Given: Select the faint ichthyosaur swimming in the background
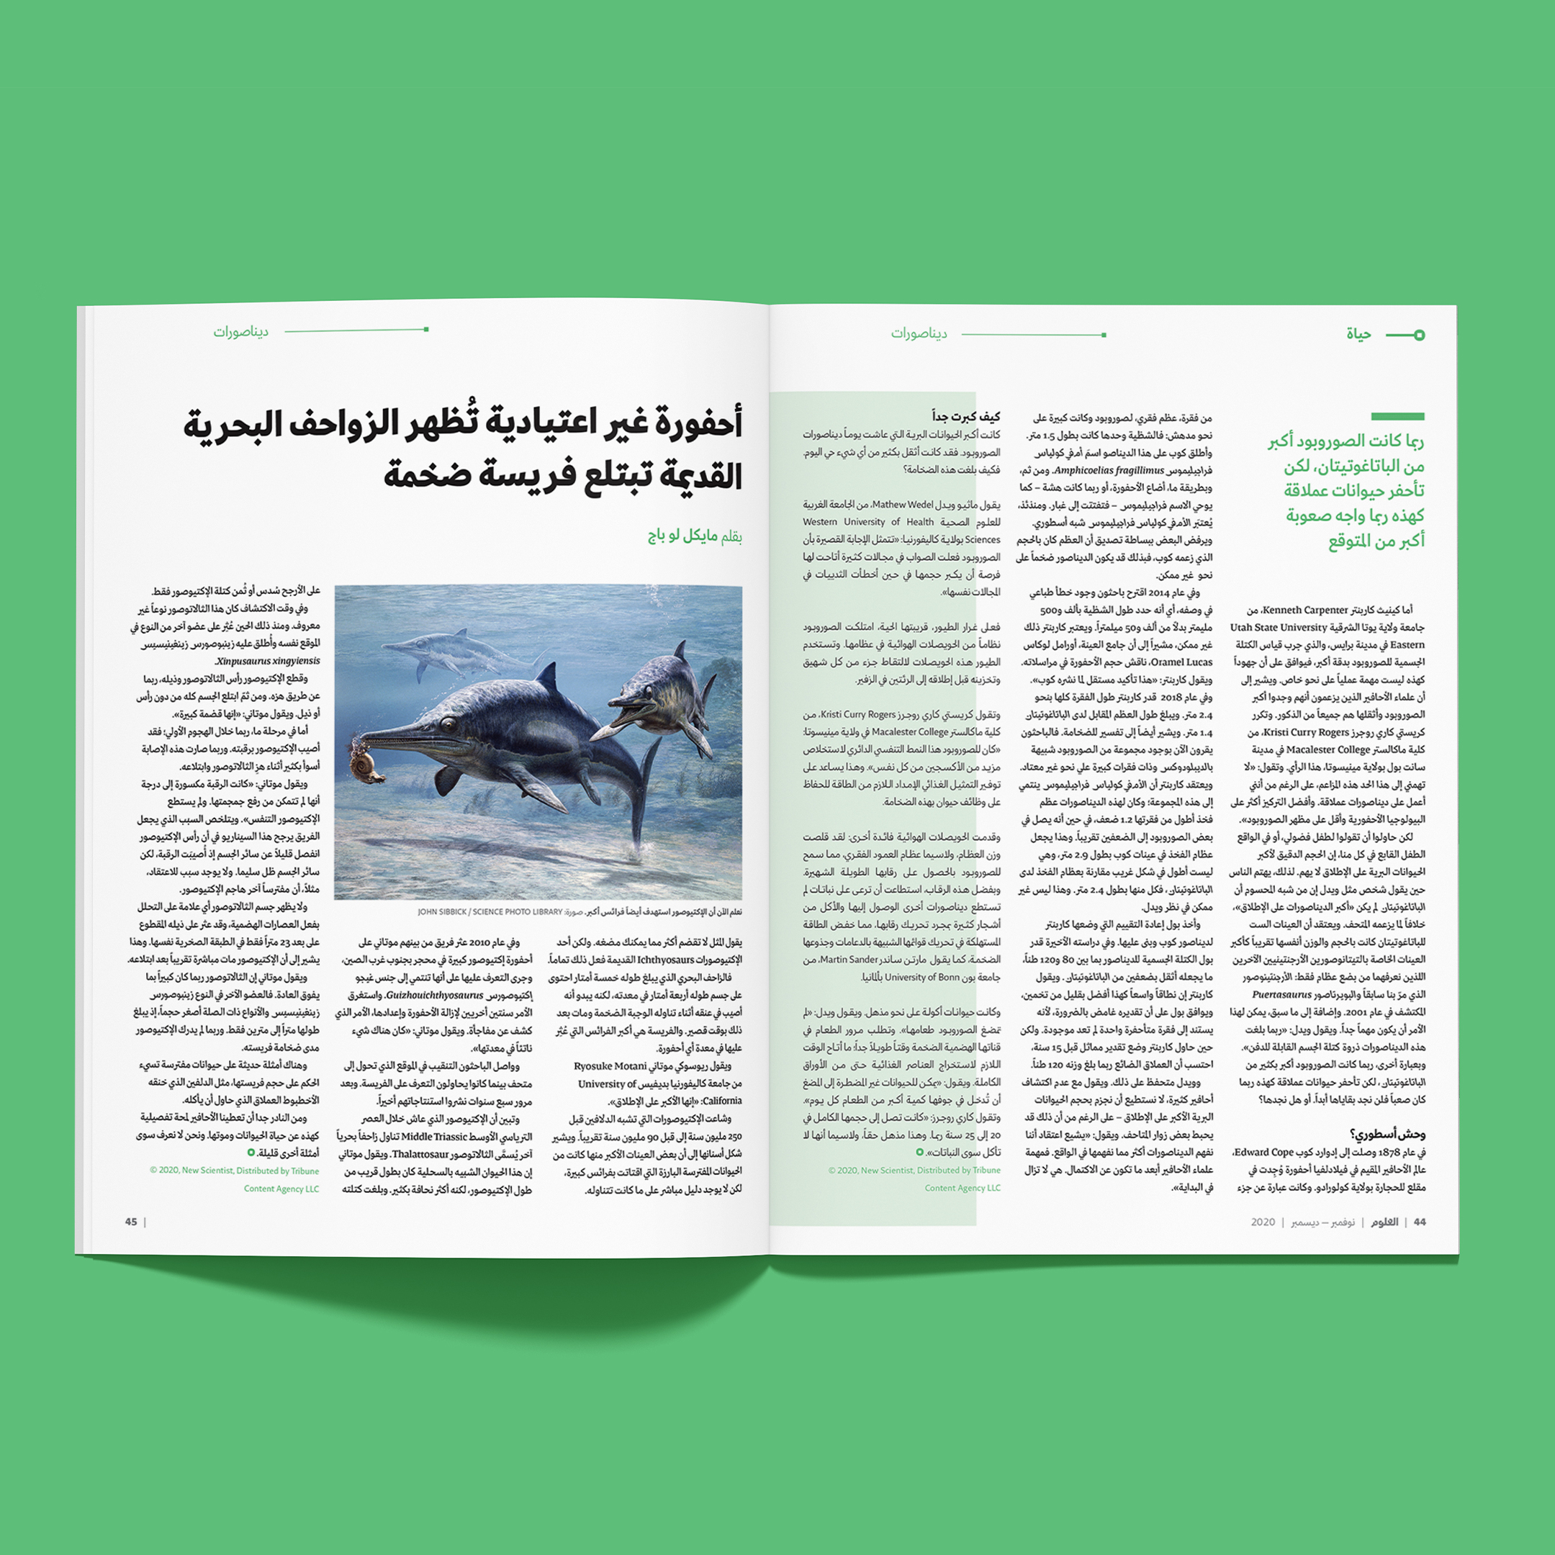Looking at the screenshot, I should pyautogui.click(x=451, y=649).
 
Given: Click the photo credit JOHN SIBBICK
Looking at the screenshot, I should pyautogui.click(x=446, y=912).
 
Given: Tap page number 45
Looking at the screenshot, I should pyautogui.click(x=130, y=1222).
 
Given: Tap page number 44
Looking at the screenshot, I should pyautogui.click(x=1420, y=1222).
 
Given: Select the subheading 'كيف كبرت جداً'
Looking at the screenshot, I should pyautogui.click(x=966, y=416).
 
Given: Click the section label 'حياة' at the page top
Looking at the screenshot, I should pyautogui.click(x=1358, y=334).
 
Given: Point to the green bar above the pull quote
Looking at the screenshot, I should pyautogui.click(x=1397, y=416).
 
